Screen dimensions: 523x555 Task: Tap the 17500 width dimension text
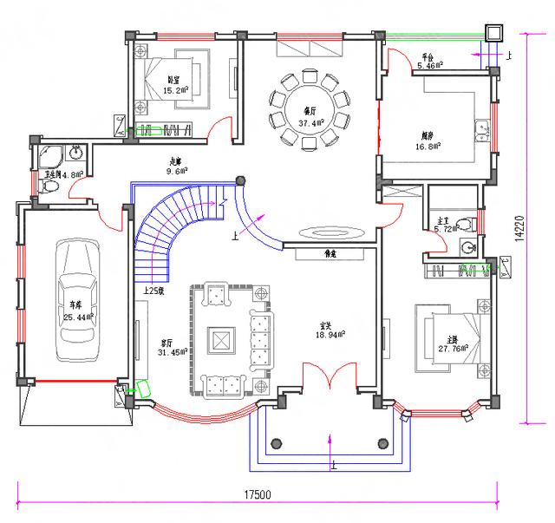tap(258, 495)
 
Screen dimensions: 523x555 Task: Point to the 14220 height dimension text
tap(519, 227)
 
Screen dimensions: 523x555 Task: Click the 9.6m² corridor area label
tap(179, 171)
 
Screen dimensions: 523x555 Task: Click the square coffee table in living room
tap(222, 337)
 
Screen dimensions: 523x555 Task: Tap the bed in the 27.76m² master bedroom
tap(447, 337)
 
